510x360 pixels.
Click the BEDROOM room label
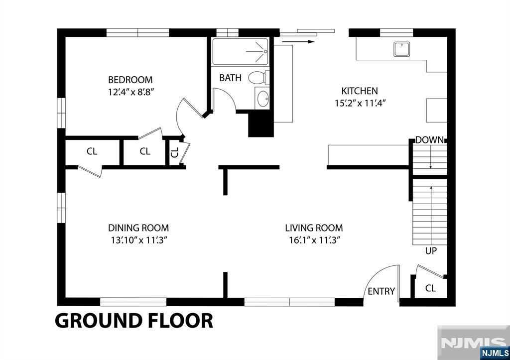pos(130,80)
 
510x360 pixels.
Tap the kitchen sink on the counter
pos(402,49)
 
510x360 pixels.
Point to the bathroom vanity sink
pos(262,99)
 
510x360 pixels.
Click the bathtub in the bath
pos(241,52)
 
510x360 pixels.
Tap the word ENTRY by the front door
pos(381,291)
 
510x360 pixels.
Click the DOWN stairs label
pos(429,140)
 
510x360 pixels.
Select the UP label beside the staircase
pos(431,251)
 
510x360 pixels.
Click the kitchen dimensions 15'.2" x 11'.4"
pos(360,103)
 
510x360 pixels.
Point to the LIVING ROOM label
pos(314,228)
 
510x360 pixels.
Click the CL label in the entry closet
pos(430,288)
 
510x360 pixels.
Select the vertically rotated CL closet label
pos(175,152)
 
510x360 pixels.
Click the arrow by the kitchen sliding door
pos(298,42)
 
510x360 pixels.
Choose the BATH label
pos(230,78)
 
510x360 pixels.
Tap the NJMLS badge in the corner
pos(495,353)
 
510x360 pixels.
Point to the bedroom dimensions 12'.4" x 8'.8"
pos(131,92)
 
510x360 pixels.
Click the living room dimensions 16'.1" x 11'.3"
pos(314,240)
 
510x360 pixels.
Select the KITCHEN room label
pos(360,91)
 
